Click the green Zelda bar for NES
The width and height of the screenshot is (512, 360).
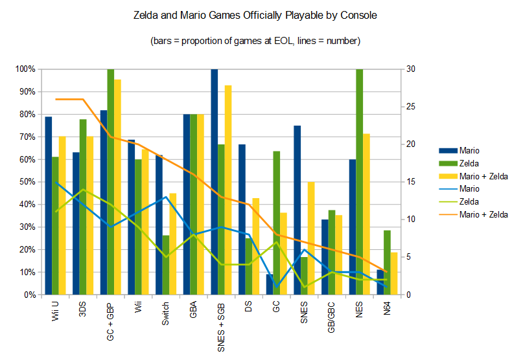pos(360,181)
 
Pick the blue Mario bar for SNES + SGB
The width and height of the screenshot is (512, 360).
pos(215,181)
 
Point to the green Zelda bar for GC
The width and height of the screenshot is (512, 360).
pos(277,223)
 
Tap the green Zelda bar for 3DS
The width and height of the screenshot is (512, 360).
pos(83,207)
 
